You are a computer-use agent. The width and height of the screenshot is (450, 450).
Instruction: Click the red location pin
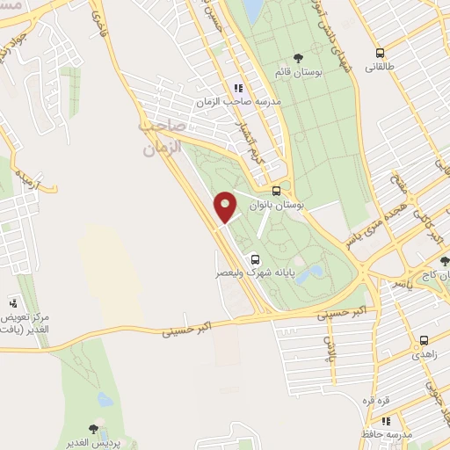click(x=226, y=207)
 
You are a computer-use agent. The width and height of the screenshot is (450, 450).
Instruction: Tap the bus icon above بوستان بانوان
click(x=277, y=191)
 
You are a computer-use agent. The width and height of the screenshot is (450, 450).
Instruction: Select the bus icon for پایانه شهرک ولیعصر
click(x=255, y=259)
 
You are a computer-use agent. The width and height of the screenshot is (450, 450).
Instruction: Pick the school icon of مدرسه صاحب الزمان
click(x=237, y=88)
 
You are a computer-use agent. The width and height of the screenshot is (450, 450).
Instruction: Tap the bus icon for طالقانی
click(x=380, y=53)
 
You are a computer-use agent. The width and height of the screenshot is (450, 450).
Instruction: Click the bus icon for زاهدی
click(x=424, y=340)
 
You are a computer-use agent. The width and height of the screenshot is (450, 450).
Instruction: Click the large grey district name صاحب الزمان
click(x=164, y=138)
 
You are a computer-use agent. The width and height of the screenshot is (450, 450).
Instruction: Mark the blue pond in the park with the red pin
click(x=308, y=274)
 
